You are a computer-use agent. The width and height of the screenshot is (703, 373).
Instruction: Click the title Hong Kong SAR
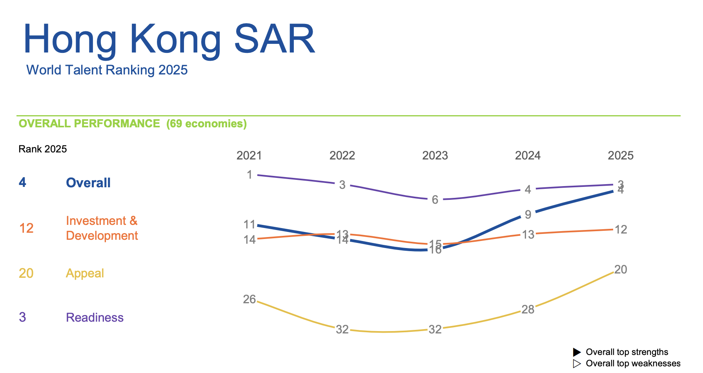169,40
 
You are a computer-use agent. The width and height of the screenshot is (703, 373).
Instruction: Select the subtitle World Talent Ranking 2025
107,70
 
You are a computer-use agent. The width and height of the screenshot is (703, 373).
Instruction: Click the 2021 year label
249,156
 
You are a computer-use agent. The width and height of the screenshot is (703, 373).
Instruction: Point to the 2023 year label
435,156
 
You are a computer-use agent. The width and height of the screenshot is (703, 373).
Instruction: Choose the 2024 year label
528,156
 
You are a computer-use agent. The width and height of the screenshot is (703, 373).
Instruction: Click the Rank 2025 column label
43,149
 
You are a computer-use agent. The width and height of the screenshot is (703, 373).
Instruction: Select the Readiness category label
95,317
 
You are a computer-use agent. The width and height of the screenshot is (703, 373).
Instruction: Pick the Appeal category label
85,273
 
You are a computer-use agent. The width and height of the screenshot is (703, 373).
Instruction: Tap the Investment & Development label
102,228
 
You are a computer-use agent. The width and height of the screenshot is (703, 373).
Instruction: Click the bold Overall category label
88,183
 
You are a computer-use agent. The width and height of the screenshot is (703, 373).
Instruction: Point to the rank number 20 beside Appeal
26,273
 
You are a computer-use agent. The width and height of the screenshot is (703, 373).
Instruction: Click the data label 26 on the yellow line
249,300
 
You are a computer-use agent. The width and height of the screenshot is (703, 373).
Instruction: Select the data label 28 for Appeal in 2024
528,310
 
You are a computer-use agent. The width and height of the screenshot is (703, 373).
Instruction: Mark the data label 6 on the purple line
435,200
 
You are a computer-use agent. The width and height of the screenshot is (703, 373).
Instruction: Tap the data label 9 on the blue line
528,215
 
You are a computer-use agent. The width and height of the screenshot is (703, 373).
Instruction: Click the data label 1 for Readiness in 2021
250,175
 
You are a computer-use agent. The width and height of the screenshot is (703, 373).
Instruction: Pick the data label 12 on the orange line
621,230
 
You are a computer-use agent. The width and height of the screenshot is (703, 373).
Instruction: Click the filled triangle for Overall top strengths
577,352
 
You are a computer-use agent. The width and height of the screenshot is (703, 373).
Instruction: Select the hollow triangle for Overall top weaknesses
577,364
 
